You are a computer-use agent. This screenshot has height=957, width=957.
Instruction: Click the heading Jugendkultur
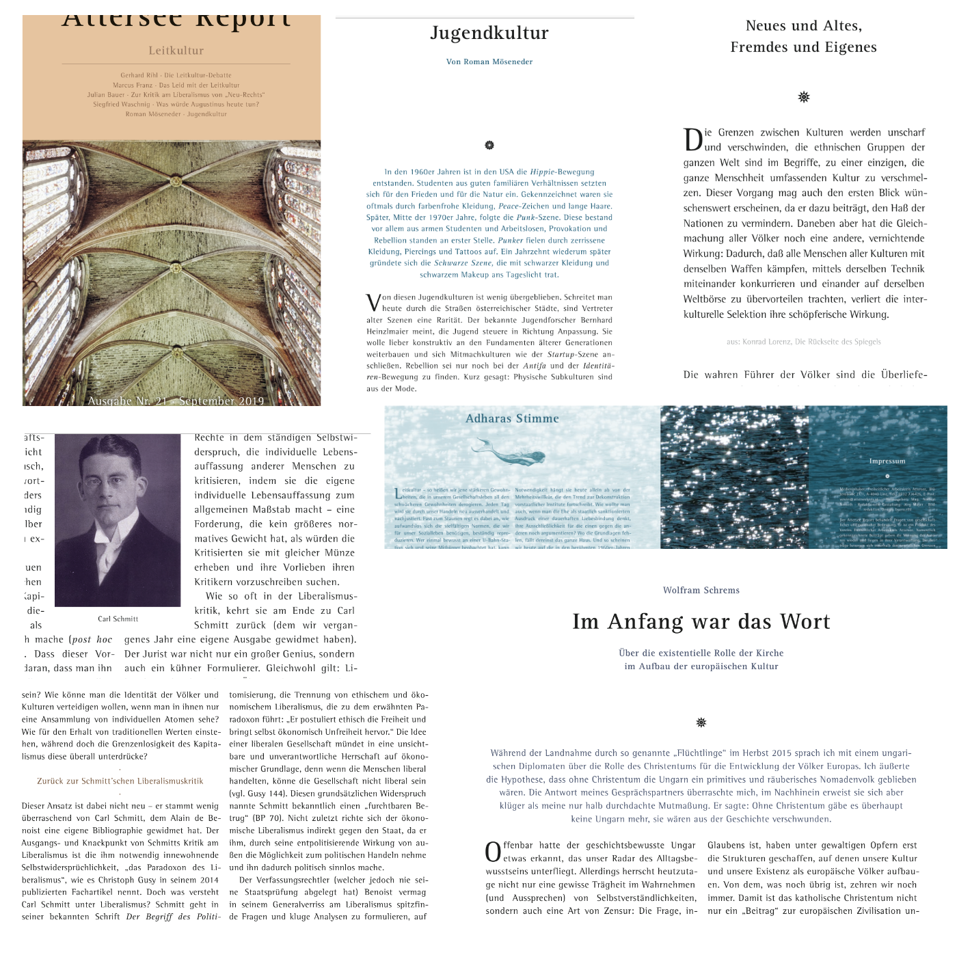point(489,33)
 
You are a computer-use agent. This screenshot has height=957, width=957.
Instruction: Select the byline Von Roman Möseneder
point(489,62)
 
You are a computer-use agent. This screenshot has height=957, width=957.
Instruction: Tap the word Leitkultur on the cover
point(176,51)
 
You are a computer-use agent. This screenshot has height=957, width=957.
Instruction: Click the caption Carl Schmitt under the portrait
point(118,619)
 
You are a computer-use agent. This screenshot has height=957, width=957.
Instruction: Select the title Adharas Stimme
point(512,418)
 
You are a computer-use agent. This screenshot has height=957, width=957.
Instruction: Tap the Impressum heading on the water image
point(887,461)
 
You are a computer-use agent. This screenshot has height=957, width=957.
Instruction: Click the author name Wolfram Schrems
point(701,590)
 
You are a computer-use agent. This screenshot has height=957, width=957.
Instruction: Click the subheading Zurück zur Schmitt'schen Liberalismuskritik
point(120,781)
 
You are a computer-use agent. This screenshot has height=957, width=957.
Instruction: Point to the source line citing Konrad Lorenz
point(803,342)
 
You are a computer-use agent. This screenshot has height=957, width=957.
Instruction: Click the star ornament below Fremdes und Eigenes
point(804,97)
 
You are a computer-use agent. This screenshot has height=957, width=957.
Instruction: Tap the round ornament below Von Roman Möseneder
point(489,145)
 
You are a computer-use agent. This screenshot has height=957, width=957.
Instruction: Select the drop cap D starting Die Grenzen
point(692,139)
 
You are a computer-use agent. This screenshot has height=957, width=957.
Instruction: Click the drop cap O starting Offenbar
point(493,852)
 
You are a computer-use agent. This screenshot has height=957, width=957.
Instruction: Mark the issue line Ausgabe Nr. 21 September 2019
point(176,401)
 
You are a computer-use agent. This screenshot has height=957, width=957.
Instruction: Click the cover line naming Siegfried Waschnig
point(176,105)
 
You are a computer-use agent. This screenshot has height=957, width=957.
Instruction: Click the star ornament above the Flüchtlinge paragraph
point(701,723)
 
